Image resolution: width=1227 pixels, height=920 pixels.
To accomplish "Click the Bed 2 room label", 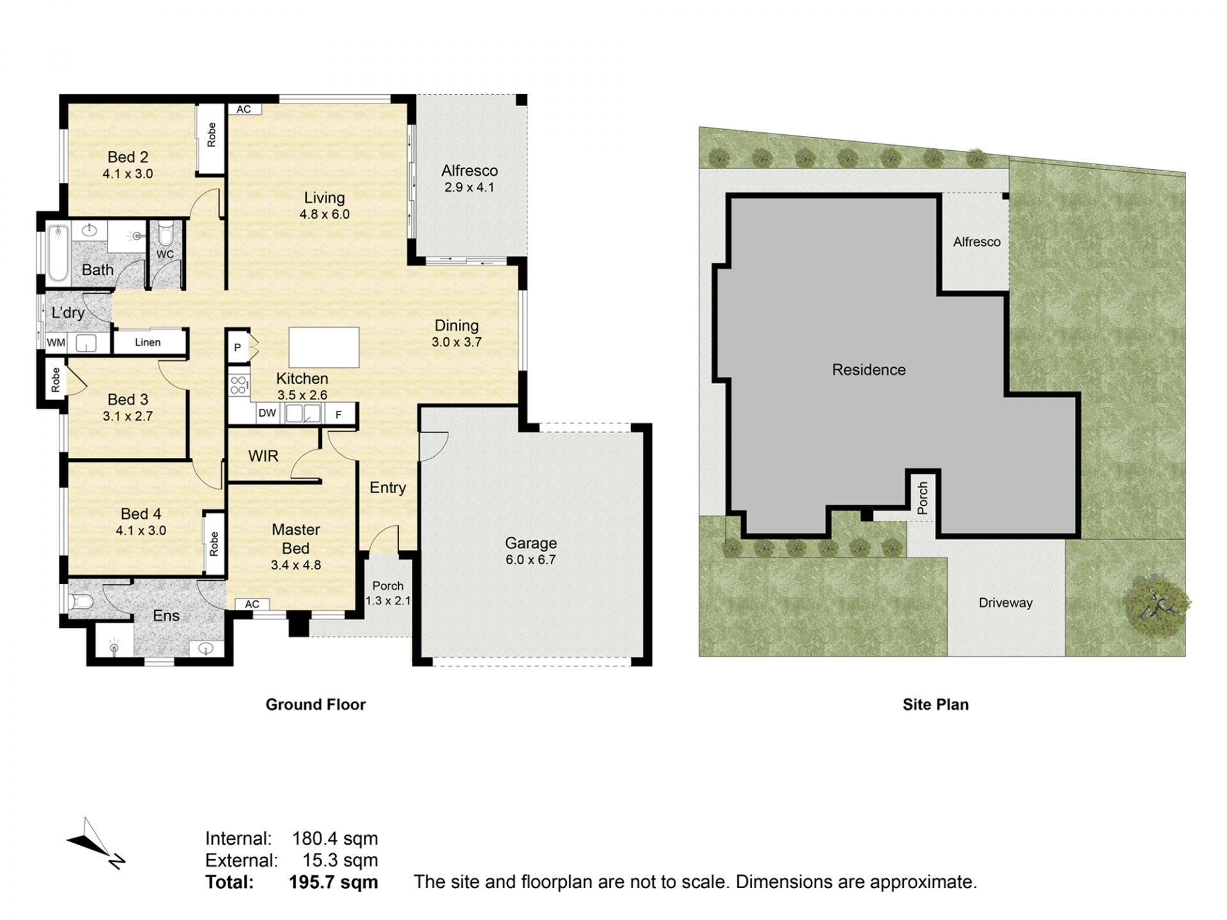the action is pos(128,157).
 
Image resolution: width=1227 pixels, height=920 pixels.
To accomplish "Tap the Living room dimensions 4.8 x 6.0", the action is pos(325,215).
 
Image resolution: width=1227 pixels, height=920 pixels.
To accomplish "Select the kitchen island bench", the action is pos(324,347).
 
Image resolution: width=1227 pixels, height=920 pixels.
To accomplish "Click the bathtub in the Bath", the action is pos(58,253).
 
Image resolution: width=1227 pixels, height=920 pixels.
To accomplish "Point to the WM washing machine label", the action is pos(56,342).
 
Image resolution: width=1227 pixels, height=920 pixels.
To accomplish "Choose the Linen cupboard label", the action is pos(148,342).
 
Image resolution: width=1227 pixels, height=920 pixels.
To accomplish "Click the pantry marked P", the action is pos(238,348).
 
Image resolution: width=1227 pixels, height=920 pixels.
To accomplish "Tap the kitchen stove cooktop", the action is pos(238,385).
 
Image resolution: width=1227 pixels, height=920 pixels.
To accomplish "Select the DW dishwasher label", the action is pos(267,413).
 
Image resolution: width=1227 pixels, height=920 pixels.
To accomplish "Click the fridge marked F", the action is pos(339,415).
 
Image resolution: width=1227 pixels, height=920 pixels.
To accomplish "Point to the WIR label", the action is pos(263,456).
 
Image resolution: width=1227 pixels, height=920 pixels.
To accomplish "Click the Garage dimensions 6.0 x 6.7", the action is pos(531,560).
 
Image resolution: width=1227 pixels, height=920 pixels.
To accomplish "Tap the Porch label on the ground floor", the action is pos(388,586).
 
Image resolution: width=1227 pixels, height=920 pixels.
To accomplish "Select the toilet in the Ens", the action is pos(81,601).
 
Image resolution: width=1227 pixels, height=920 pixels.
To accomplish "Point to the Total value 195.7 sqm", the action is pos(333,882).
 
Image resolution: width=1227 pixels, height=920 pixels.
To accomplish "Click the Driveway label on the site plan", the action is pos(1005,602).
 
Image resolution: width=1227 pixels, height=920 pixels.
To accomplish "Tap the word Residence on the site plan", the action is pos(868,370).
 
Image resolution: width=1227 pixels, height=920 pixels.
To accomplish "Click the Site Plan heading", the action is pos(936,705).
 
